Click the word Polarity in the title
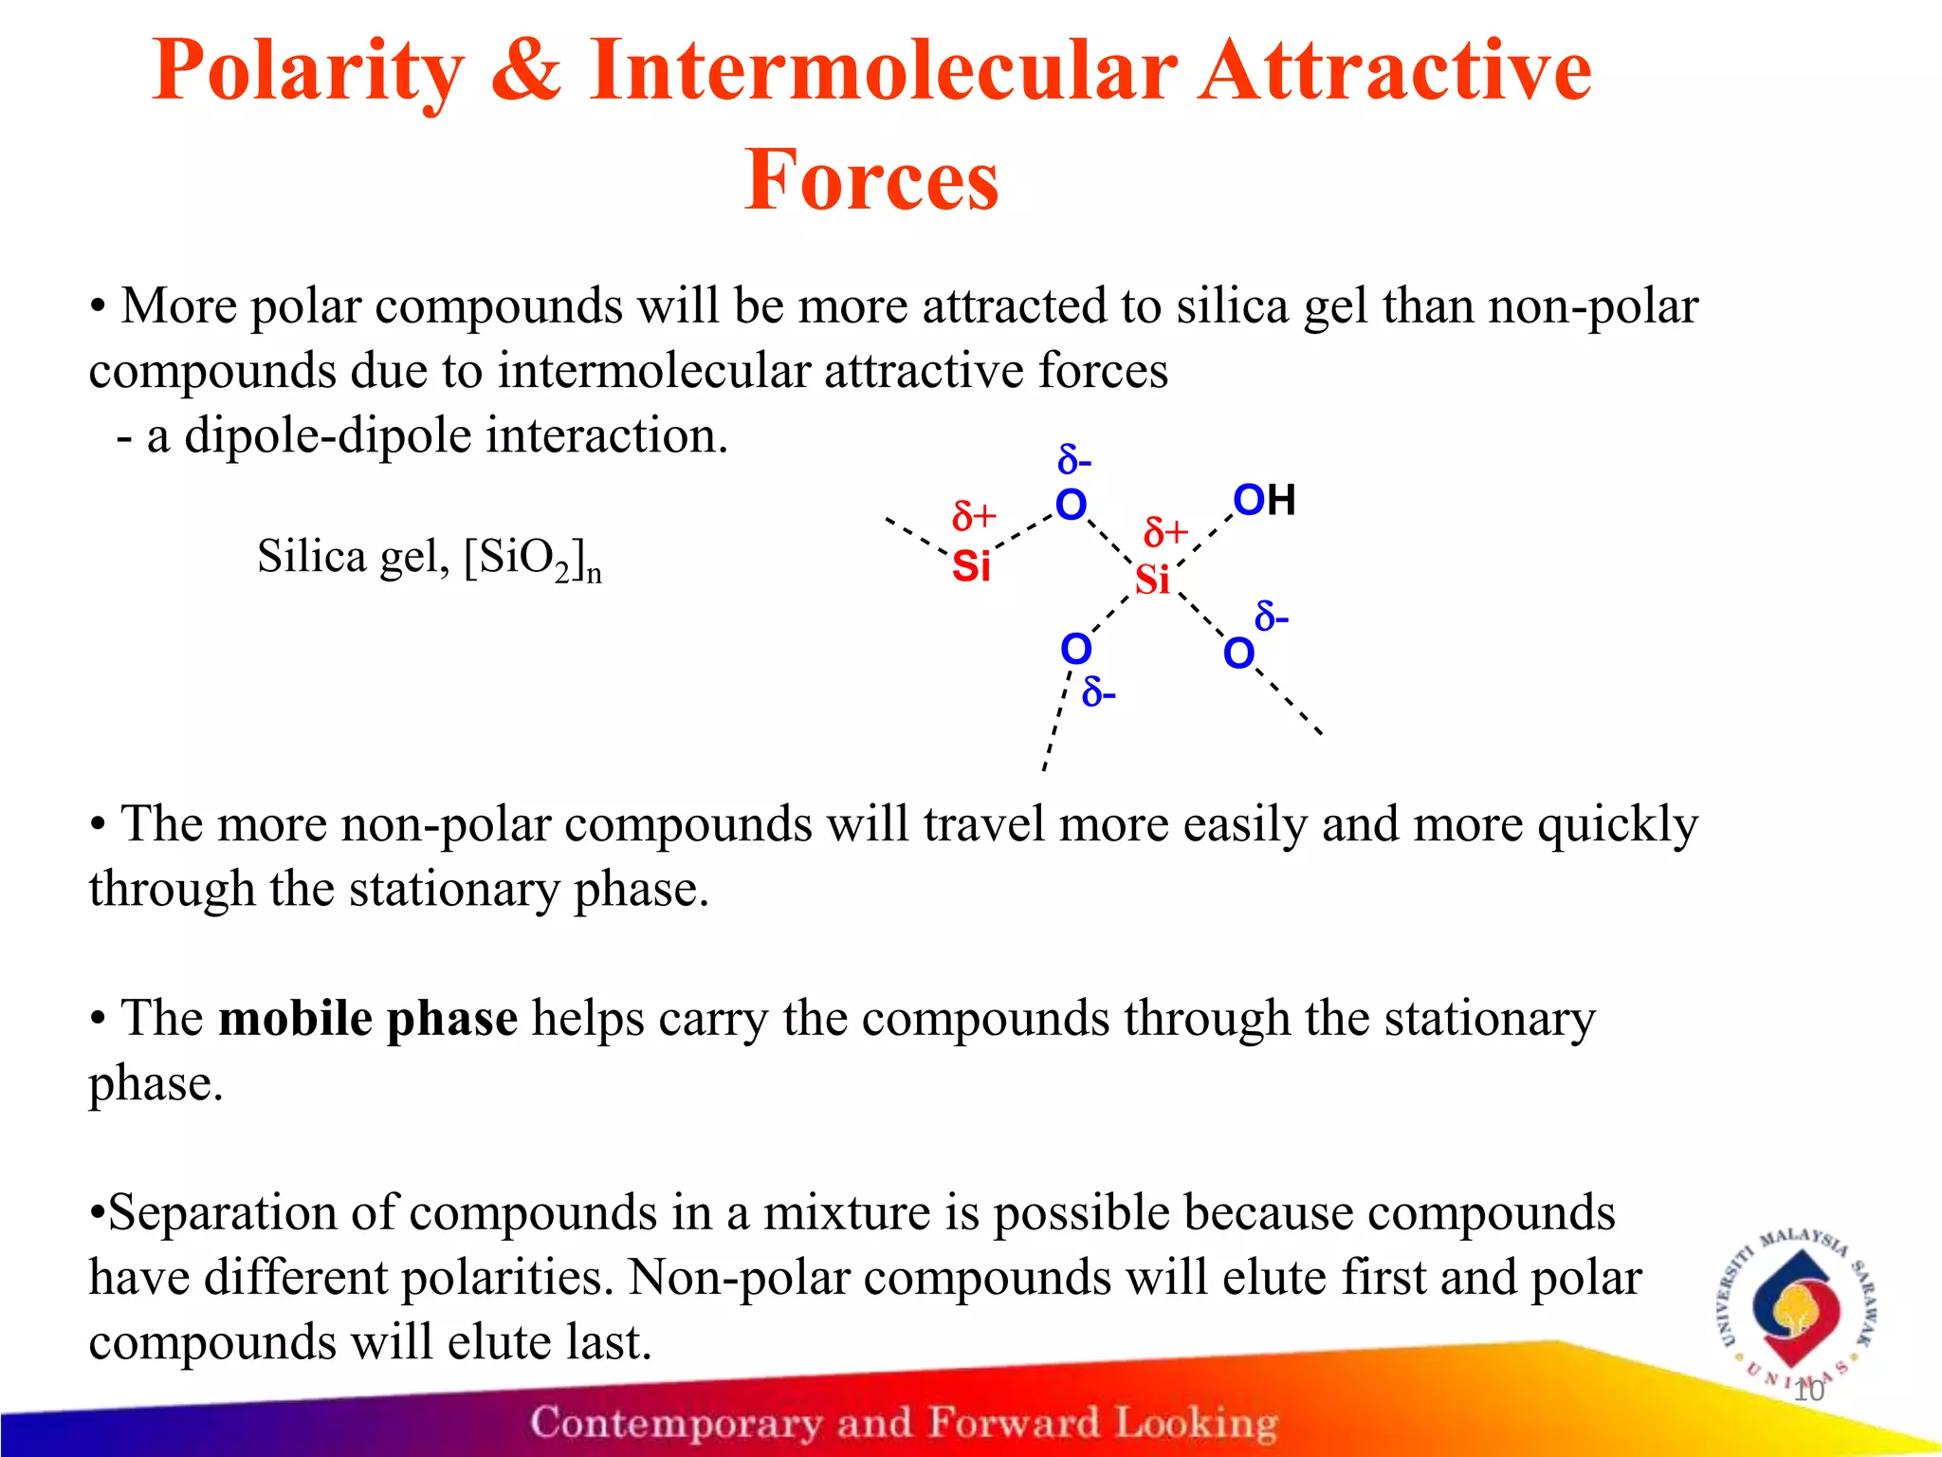308,71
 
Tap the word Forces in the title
871,180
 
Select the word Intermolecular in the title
883,71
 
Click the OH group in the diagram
1264,500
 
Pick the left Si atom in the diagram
971,567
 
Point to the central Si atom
1152,580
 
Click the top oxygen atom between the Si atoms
1072,505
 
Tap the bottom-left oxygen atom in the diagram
1076,650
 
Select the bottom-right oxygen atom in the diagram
1238,654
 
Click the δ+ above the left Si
974,517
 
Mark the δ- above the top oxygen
1074,462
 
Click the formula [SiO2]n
533,559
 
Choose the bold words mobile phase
368,1019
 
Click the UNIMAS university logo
1798,1309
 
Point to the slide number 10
1809,1391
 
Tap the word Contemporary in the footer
676,1423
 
